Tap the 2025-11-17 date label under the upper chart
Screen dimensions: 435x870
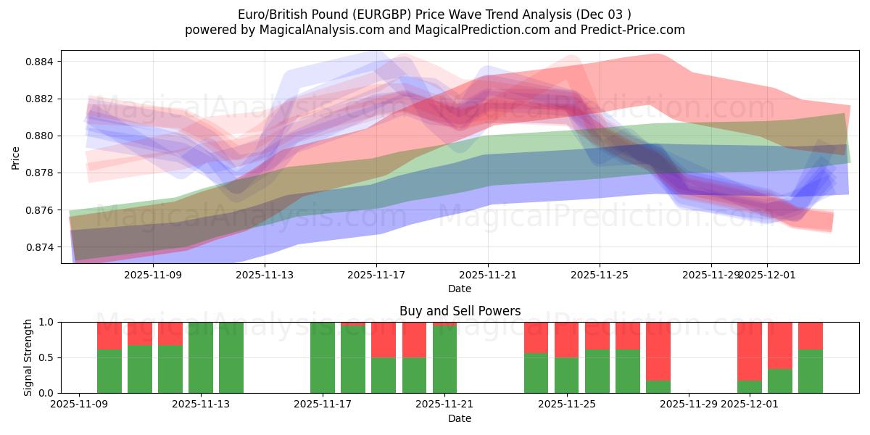pos(376,275)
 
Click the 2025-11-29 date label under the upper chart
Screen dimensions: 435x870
pos(710,275)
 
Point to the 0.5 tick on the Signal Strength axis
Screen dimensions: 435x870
pos(48,357)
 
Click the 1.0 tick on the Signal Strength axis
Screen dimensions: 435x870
pos(48,322)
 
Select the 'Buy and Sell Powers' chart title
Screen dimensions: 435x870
pos(460,311)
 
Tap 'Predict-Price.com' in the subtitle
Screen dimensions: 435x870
pos(634,30)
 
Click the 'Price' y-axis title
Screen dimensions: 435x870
pos(15,157)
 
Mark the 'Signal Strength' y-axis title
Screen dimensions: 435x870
pos(28,357)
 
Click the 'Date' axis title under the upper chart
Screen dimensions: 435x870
pos(460,289)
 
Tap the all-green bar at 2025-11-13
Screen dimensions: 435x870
pos(201,357)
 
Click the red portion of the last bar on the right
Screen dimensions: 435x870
pos(811,336)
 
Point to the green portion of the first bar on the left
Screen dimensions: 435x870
pos(109,371)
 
